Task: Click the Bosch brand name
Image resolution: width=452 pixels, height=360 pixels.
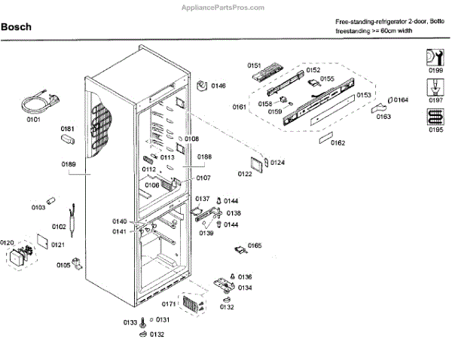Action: click(17, 28)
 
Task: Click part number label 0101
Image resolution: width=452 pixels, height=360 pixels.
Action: click(35, 119)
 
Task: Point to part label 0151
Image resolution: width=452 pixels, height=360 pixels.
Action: click(254, 66)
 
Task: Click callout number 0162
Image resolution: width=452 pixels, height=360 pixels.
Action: click(337, 142)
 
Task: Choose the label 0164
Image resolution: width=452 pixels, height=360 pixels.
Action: click(400, 99)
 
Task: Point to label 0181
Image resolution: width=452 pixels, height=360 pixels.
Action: click(68, 129)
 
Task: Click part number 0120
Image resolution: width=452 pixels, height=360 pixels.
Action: click(8, 243)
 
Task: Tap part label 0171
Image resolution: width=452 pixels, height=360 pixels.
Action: click(169, 304)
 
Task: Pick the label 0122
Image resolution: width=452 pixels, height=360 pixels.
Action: click(245, 174)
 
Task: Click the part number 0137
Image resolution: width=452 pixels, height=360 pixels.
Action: click(203, 198)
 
